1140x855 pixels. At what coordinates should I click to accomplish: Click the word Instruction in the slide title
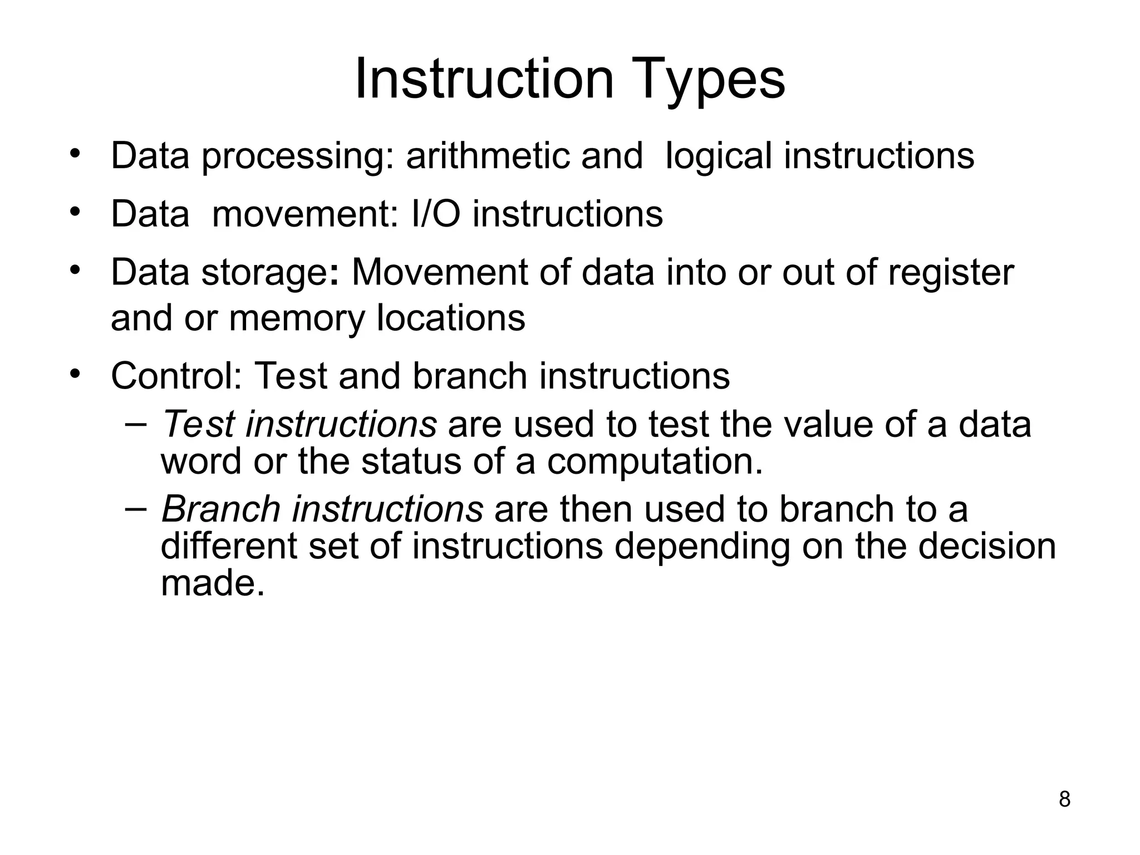(x=484, y=80)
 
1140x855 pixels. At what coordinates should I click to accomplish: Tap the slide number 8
(x=1064, y=799)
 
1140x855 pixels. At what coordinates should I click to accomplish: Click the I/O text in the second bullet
(x=436, y=214)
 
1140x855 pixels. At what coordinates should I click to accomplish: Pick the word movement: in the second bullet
(x=306, y=214)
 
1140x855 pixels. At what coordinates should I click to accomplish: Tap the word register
(x=950, y=273)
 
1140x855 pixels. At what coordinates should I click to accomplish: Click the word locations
(x=451, y=318)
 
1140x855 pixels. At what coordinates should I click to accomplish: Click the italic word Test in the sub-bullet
(x=198, y=424)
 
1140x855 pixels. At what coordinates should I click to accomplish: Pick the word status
(x=411, y=461)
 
